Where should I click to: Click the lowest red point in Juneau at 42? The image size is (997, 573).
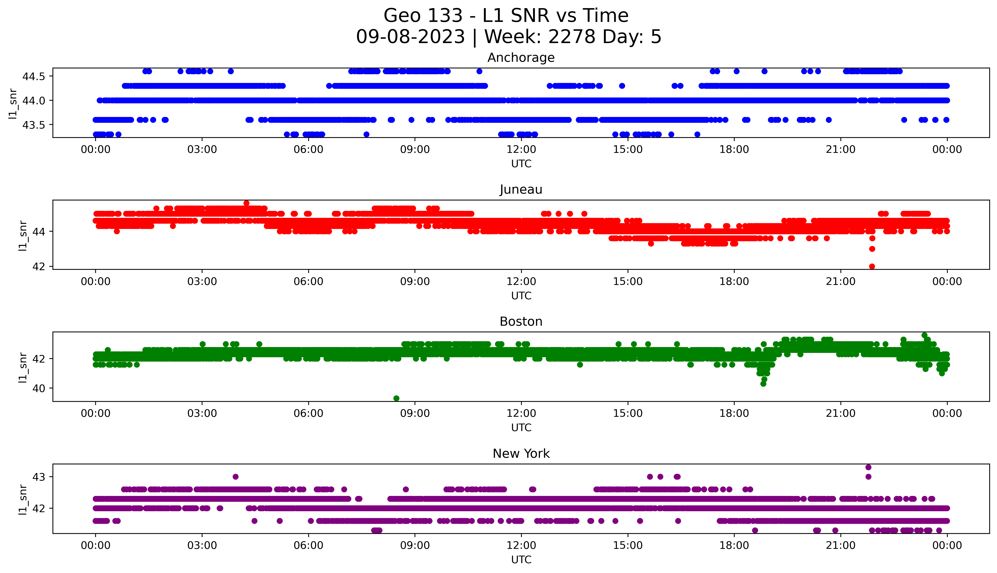[x=872, y=266]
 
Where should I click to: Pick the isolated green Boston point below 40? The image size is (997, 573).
[x=396, y=398]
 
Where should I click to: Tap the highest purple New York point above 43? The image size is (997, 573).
[x=868, y=467]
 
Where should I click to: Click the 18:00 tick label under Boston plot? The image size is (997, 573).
[x=734, y=414]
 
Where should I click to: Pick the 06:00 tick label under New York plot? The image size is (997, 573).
[x=308, y=545]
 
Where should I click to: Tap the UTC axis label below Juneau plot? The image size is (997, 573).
[x=521, y=295]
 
